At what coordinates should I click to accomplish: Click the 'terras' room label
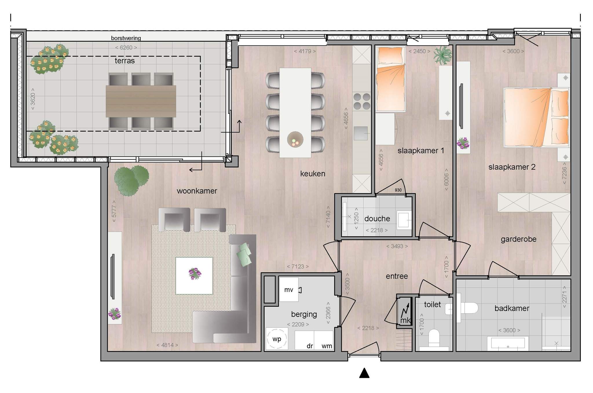coord(125,61)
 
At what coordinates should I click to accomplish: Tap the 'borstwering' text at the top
coord(126,38)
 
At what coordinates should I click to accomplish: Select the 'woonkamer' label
coord(197,191)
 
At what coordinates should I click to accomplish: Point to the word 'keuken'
coord(313,174)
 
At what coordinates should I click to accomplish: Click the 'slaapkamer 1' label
coord(421,151)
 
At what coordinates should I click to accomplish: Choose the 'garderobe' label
coord(519,239)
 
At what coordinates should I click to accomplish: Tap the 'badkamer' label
coord(512,308)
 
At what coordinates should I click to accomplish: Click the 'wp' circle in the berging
coord(277,339)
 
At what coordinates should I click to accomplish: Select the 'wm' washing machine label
coord(327,346)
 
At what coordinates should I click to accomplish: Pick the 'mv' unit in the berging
coord(289,290)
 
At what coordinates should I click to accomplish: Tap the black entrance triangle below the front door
coord(364,373)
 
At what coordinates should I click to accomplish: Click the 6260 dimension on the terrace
coord(126,47)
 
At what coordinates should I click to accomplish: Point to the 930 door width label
coord(398,190)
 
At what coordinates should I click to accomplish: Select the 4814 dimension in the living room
coord(167,345)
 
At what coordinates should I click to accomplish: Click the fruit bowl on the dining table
coord(295,140)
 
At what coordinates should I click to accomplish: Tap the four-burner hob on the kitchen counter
coord(362,101)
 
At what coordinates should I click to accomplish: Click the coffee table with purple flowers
coord(194,276)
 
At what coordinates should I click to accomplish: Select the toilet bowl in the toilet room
coord(434,337)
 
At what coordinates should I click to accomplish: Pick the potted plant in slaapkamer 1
coord(443,55)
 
